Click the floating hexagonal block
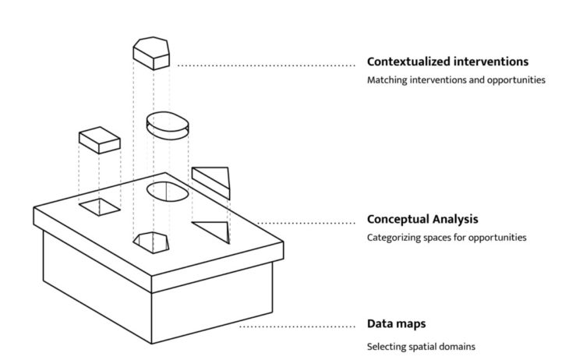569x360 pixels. point(152,51)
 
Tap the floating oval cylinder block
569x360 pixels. point(167,125)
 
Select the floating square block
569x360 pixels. point(99,139)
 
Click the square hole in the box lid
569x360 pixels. point(100,206)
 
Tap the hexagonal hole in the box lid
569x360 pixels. point(152,242)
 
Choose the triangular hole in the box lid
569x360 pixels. point(212,231)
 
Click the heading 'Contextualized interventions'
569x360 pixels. point(448,62)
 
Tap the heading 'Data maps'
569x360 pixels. point(397,323)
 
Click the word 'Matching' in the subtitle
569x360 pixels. point(388,80)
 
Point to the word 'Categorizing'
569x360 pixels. point(396,237)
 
